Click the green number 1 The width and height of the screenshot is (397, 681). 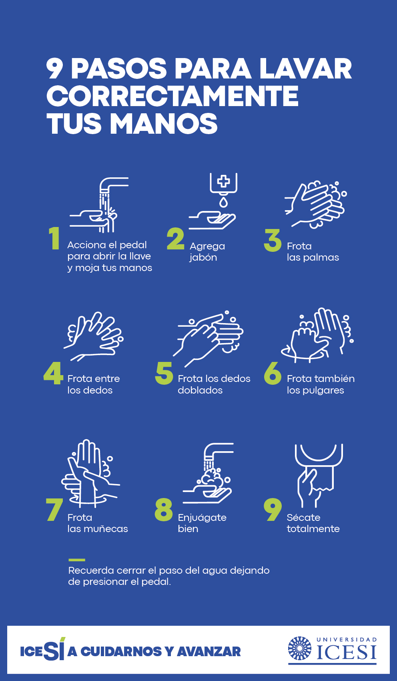(x=54, y=238)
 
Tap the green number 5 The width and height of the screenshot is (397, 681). (x=164, y=373)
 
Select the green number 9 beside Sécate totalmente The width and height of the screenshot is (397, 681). (x=273, y=510)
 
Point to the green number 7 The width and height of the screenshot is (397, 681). (x=54, y=510)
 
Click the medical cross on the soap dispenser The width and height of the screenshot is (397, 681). (x=223, y=181)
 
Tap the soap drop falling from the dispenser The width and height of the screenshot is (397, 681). (x=223, y=202)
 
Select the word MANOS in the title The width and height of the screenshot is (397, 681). (x=164, y=123)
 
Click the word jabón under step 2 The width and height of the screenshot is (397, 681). (x=203, y=258)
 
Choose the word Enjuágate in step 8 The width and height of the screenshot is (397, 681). (x=202, y=518)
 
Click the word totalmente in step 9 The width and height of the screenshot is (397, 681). (x=313, y=529)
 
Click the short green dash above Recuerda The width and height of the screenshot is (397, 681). (x=76, y=560)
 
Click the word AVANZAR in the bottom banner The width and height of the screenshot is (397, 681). (x=209, y=652)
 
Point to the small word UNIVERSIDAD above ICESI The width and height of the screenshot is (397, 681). (x=347, y=640)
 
